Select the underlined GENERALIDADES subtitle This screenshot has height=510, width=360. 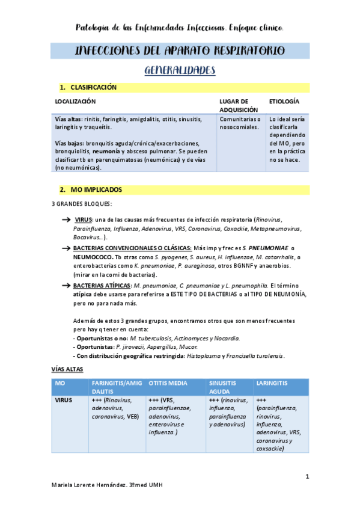point(180,71)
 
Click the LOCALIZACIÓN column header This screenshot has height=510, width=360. point(75,102)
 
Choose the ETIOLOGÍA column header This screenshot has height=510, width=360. point(284,102)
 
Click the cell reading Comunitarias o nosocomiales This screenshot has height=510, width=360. point(240,123)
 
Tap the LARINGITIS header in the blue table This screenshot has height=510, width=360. point(272,383)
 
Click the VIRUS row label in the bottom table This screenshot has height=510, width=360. point(64,399)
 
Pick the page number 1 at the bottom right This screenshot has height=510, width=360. point(307,478)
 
